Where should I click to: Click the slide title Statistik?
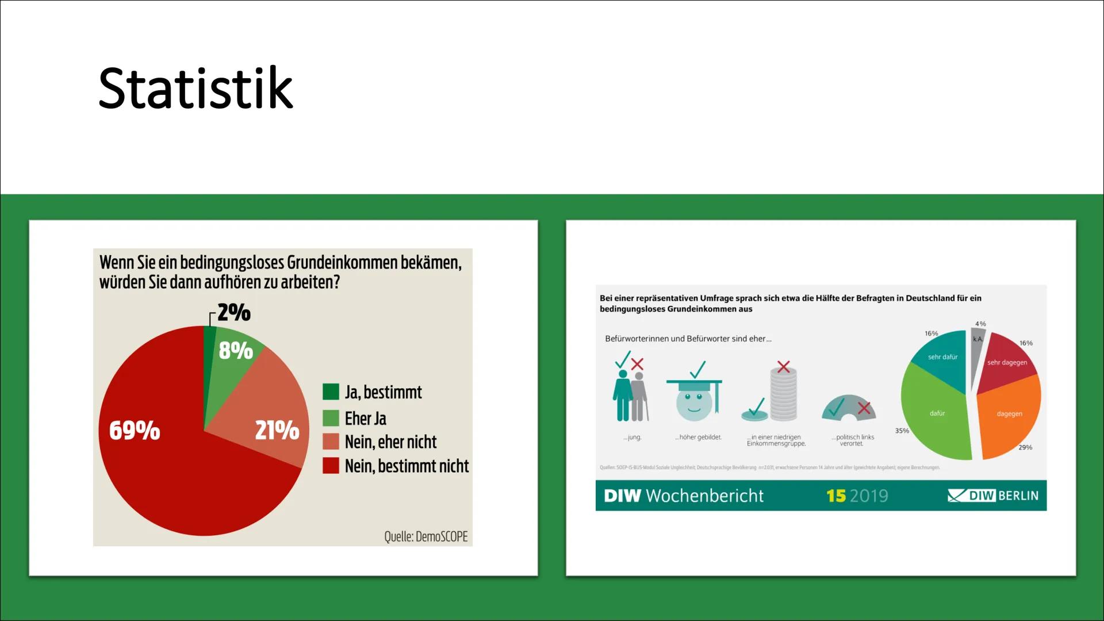tap(195, 88)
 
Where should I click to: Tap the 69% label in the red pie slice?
tap(135, 430)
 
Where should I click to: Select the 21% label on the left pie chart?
tap(277, 430)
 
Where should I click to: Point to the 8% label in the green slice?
tap(236, 350)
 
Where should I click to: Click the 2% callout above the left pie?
tap(234, 312)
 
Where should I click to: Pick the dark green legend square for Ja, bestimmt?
tap(331, 392)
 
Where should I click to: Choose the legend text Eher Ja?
tap(365, 418)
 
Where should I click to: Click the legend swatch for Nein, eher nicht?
tap(331, 442)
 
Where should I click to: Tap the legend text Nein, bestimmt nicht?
tap(407, 466)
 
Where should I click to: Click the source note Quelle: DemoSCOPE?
tap(425, 536)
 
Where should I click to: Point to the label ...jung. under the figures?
tap(632, 438)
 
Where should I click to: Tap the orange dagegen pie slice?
tap(1009, 417)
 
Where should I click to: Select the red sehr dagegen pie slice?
tap(1006, 361)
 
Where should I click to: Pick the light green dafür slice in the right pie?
tap(934, 417)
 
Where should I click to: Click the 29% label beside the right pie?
tap(1025, 447)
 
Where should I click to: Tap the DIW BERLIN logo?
tap(993, 496)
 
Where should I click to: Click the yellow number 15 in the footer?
tap(836, 496)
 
